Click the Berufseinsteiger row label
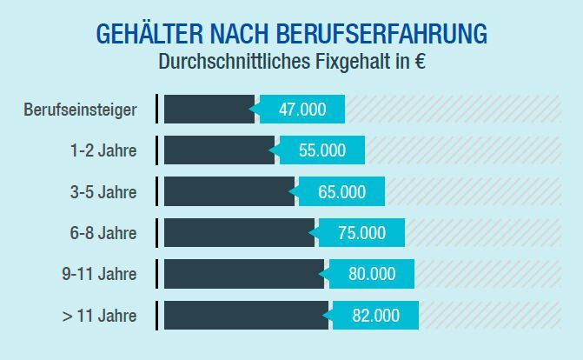(80, 110)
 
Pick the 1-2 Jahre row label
(103, 150)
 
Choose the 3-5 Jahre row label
(103, 192)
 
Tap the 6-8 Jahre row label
(103, 233)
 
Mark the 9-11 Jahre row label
(99, 274)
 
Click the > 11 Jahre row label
(99, 316)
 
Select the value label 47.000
(302, 110)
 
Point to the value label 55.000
(321, 150)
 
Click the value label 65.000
(341, 192)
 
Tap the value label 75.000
(361, 233)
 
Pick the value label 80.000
(371, 274)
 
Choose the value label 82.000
(375, 316)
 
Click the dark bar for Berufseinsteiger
(209, 110)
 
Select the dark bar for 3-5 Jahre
(229, 192)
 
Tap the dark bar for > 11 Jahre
(246, 316)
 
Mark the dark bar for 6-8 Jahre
(239, 233)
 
